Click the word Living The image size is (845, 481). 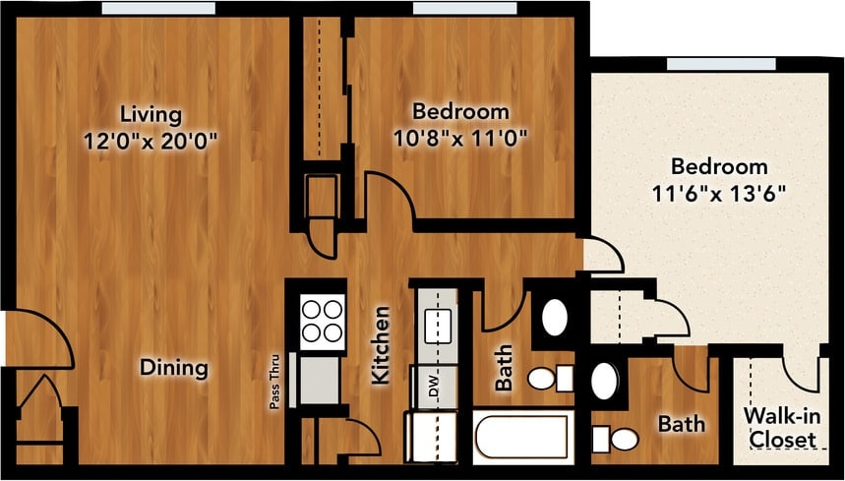(150, 110)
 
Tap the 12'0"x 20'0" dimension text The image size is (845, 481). (150, 140)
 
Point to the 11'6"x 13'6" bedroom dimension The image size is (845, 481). (718, 192)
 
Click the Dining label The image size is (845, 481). (173, 368)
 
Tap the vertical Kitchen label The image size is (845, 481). (381, 344)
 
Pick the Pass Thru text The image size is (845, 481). (277, 380)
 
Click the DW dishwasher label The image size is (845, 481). (433, 387)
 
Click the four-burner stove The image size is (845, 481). (322, 321)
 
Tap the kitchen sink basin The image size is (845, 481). (438, 322)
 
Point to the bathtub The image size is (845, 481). (521, 438)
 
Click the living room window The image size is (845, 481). (157, 8)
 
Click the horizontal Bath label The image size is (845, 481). (681, 425)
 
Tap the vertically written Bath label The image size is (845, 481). (503, 367)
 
